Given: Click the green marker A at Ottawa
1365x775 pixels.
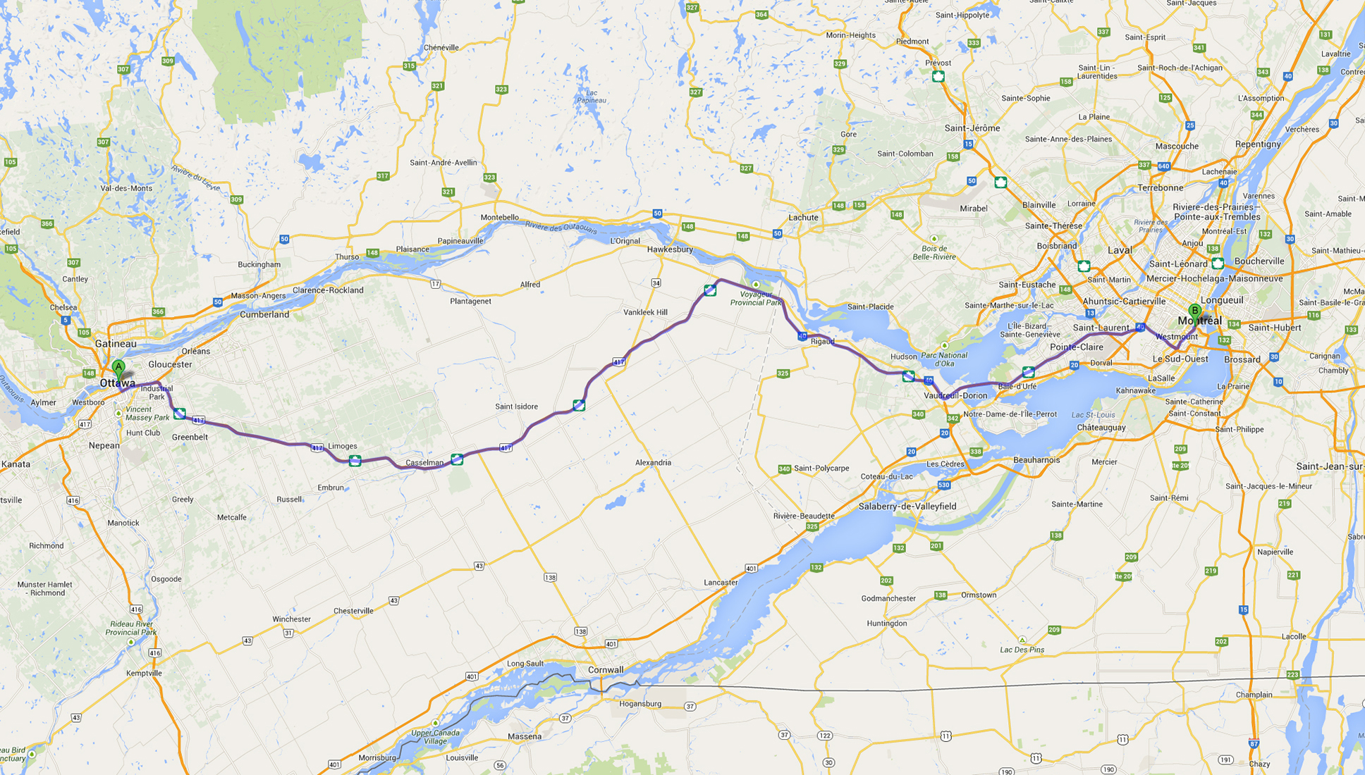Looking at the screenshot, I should coord(118,367).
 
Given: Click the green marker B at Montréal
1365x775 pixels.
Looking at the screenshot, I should coord(1194,311).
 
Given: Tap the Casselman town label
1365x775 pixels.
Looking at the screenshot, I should coord(424,463).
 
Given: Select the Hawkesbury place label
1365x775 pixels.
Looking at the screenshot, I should coord(670,249).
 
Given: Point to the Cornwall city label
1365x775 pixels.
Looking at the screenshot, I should coord(606,670).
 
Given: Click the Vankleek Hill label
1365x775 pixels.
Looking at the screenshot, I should coord(645,312).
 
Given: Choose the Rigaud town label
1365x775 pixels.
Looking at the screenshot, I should coord(822,342).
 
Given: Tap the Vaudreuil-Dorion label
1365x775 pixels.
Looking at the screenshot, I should coord(955,396).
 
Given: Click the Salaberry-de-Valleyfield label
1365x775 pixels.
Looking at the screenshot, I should coord(907,507).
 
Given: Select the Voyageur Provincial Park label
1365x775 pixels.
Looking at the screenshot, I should coord(756,298).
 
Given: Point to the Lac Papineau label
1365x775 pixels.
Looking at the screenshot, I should coord(592,97).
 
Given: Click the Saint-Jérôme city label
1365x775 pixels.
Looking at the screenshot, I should coord(972,128).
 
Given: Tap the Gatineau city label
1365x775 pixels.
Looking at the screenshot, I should coord(116,344).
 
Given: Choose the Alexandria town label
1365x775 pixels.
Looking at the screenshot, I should coord(653,463).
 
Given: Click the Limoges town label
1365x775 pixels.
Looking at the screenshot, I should coord(343,446).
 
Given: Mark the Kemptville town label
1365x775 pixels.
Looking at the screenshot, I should coord(144,674).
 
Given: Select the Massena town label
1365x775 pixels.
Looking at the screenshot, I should coord(525,736).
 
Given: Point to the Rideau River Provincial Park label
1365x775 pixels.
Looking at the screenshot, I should coord(131,628).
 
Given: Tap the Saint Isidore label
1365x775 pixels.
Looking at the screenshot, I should coord(516,407).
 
